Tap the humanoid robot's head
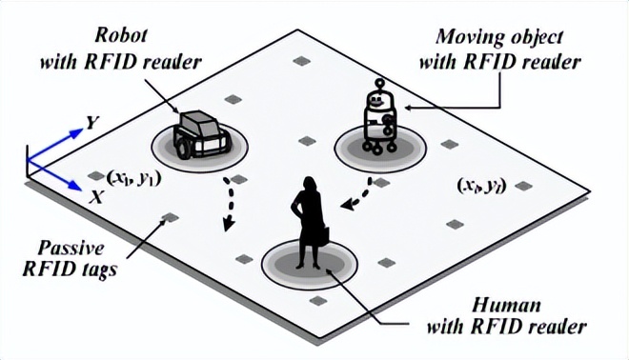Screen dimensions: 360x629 (x=378, y=94)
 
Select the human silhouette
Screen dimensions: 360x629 (x=307, y=224)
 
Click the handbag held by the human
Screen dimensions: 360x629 (x=324, y=234)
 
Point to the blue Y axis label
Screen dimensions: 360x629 (x=91, y=123)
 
